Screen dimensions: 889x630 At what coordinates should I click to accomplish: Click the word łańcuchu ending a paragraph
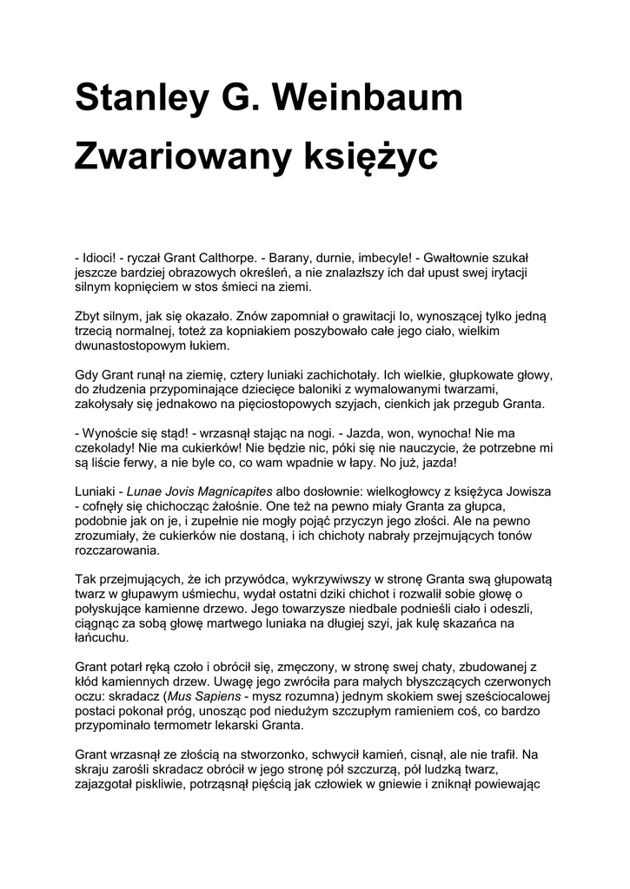click(103, 636)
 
